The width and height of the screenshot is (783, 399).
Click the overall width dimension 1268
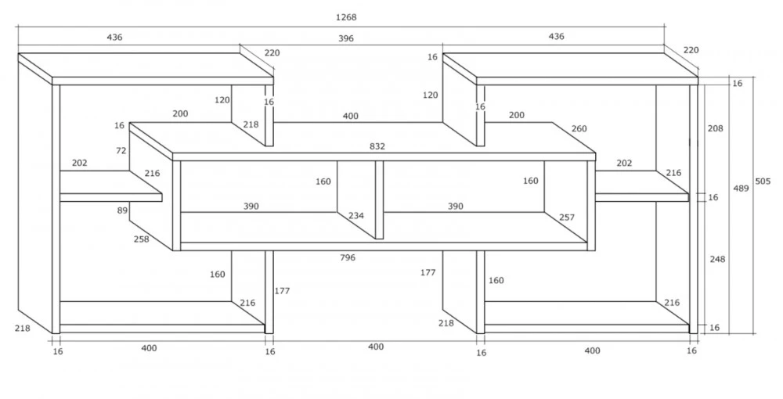click(x=346, y=17)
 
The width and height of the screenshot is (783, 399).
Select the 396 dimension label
click(x=345, y=38)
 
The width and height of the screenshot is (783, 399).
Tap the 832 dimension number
click(x=377, y=146)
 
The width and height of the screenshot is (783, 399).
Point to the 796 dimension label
click(x=348, y=257)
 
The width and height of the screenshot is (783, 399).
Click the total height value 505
click(x=763, y=182)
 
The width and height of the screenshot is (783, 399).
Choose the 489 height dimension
click(x=741, y=188)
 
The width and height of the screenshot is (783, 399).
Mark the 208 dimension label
click(x=715, y=128)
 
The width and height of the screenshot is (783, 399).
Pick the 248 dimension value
click(x=717, y=260)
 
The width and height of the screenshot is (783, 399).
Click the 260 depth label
click(x=579, y=128)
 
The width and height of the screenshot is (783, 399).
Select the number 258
click(x=141, y=239)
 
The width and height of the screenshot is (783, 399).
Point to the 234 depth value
click(x=356, y=216)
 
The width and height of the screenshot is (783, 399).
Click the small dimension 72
click(x=121, y=151)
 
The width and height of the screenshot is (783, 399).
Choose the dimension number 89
click(x=122, y=210)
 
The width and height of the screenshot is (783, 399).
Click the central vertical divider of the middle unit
click(x=380, y=199)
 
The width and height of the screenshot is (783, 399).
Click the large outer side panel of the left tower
click(x=35, y=193)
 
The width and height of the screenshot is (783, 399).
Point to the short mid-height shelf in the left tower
click(x=111, y=186)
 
